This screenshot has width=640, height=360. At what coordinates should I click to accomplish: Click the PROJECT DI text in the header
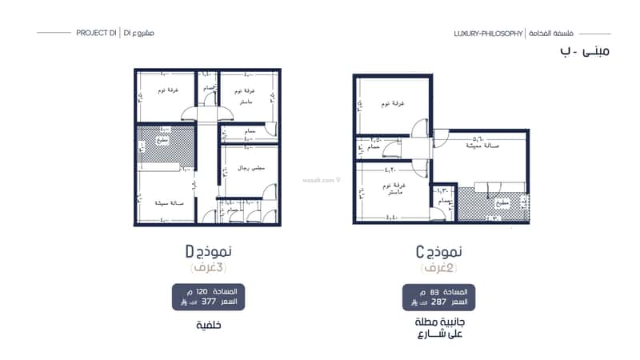(97, 33)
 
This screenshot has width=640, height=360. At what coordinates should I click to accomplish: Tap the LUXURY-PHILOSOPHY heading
(488, 34)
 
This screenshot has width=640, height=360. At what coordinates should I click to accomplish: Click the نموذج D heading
(208, 252)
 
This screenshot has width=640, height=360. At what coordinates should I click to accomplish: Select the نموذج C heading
(438, 252)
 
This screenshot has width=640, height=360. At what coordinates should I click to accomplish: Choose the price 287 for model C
(438, 303)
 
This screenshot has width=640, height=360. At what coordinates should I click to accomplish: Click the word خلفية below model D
(208, 325)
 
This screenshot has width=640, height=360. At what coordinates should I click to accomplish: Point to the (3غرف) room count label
(208, 268)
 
